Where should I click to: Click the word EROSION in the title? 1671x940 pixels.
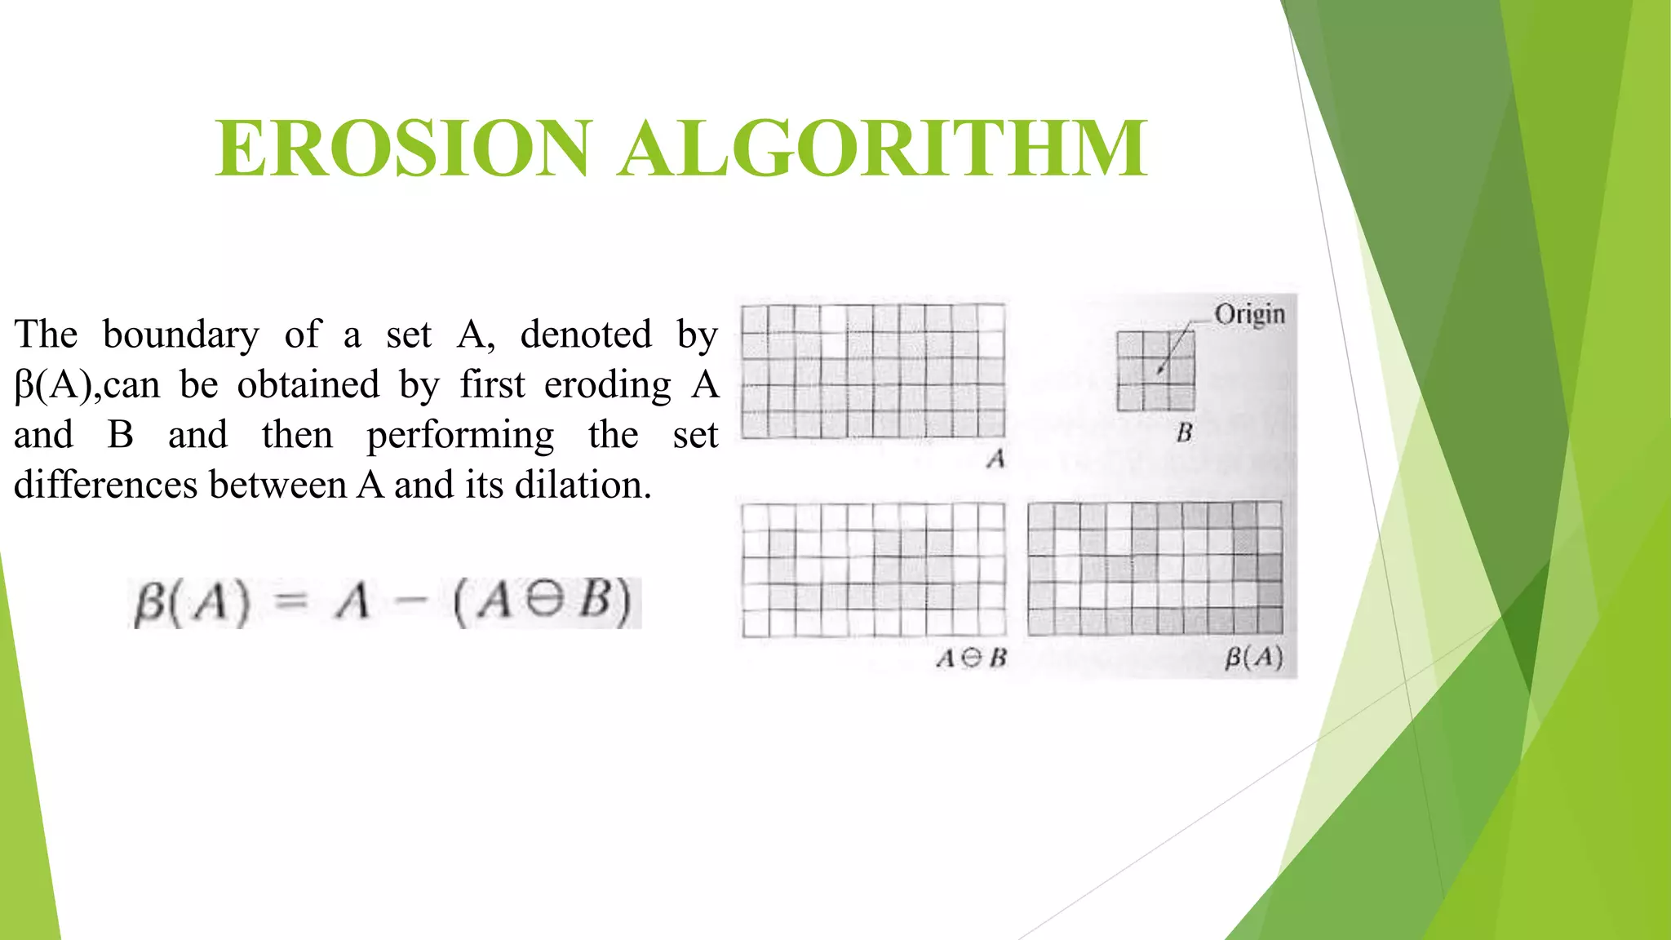pyautogui.click(x=401, y=148)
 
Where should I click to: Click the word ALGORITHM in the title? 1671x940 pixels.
pyautogui.click(x=883, y=148)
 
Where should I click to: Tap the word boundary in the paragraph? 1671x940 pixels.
pyautogui.click(x=180, y=335)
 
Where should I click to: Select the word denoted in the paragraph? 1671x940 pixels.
pyautogui.click(x=586, y=335)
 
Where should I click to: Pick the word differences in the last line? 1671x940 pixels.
pyautogui.click(x=106, y=485)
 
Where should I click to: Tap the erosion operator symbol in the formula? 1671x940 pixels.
pyautogui.click(x=544, y=601)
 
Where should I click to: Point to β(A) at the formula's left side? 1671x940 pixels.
pyautogui.click(x=192, y=603)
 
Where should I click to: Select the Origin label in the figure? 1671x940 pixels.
pyautogui.click(x=1249, y=314)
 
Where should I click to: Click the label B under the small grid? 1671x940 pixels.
pyautogui.click(x=1185, y=432)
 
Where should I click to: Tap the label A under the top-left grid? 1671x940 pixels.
pyautogui.click(x=995, y=459)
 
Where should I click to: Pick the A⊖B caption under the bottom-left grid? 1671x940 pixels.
pyautogui.click(x=971, y=658)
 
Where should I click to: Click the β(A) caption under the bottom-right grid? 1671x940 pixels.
pyautogui.click(x=1254, y=658)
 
